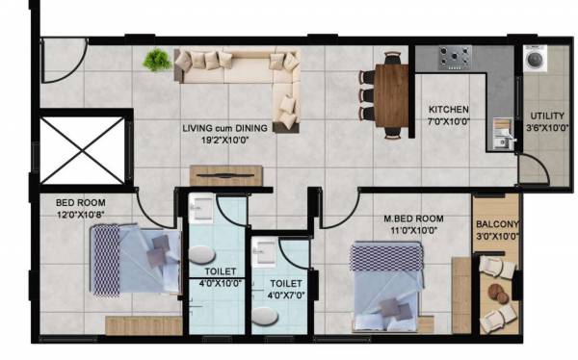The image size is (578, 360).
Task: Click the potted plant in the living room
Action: [155, 61]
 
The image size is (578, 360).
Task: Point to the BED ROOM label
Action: [80, 203]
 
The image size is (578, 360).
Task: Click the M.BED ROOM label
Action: [416, 217]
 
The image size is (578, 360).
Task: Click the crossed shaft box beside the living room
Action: [82, 150]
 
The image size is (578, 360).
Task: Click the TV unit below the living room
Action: [225, 175]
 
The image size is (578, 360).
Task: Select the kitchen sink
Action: [502, 133]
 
